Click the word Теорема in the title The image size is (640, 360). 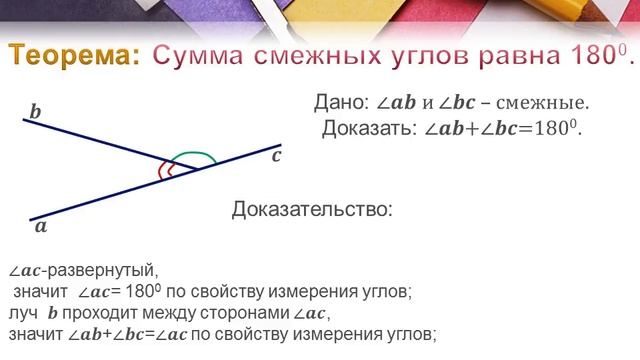[76, 58]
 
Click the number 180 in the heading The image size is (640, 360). [591, 57]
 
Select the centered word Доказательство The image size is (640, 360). [313, 210]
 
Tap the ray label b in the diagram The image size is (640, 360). [35, 112]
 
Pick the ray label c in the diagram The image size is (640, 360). [277, 155]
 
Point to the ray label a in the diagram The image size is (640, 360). [41, 226]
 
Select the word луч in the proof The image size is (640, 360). [22, 312]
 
